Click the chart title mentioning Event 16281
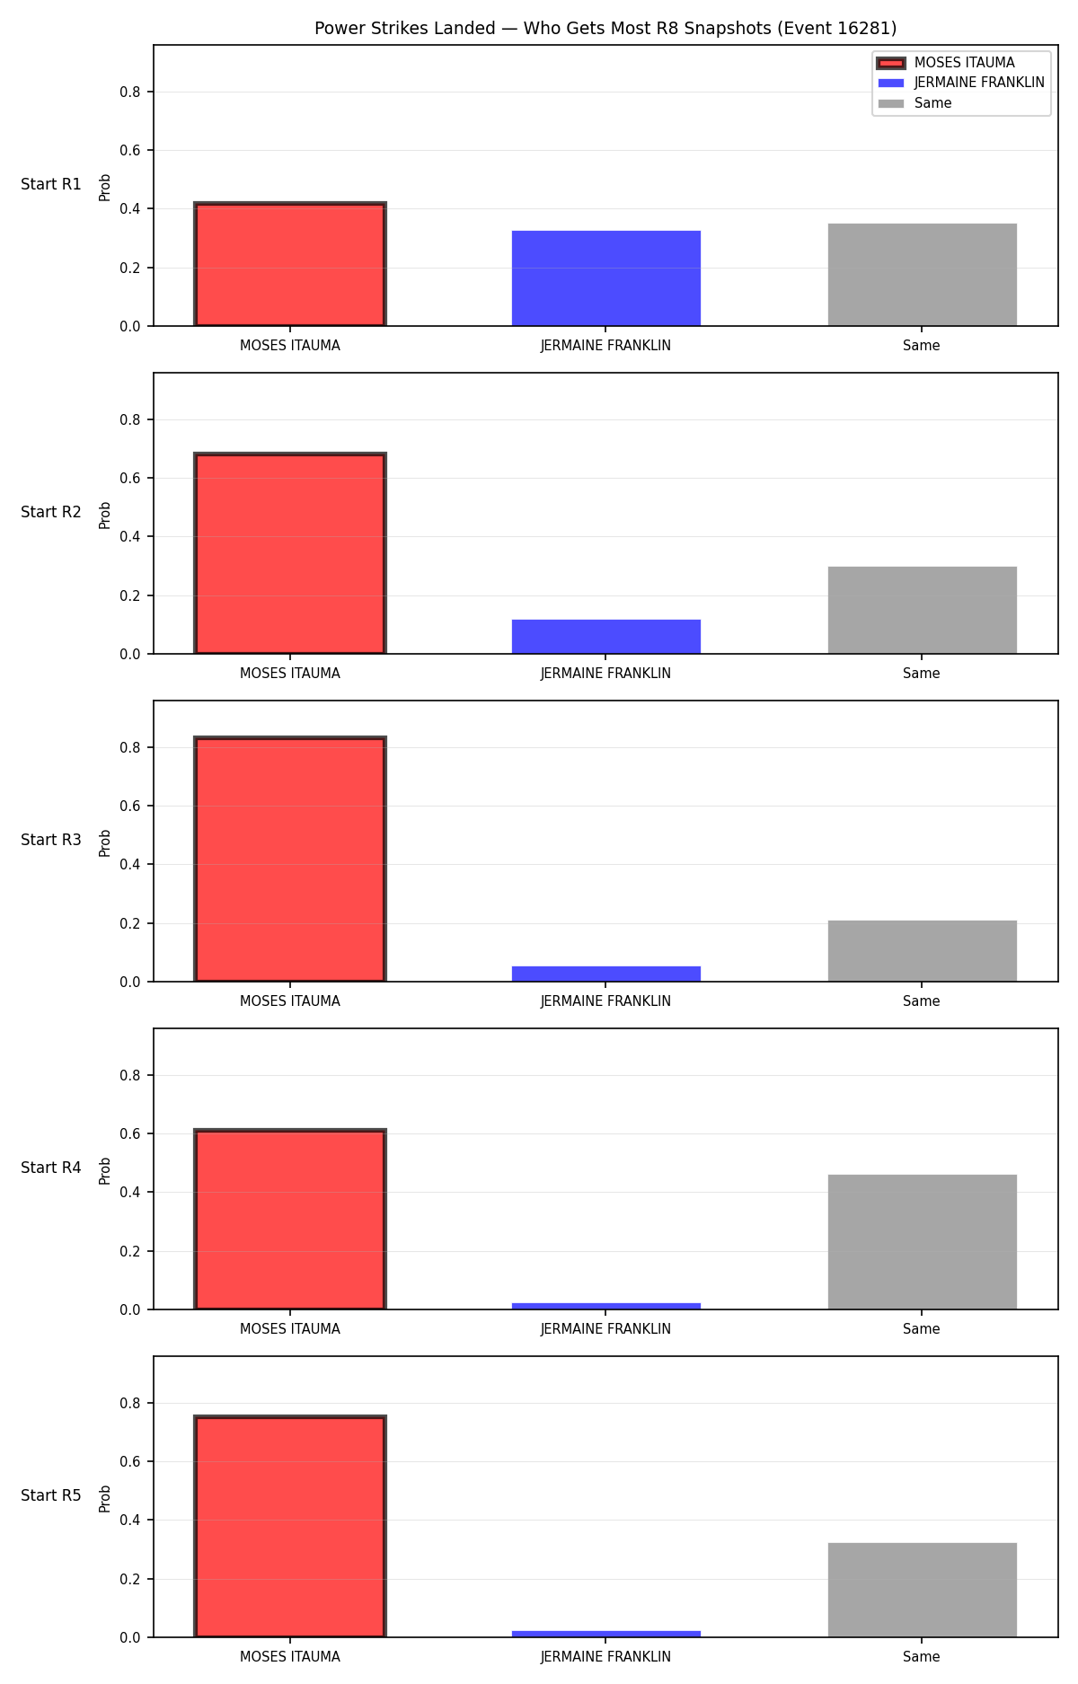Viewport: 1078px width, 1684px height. (605, 28)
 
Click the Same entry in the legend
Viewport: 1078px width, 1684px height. (915, 103)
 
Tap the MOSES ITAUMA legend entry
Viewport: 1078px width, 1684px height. (946, 63)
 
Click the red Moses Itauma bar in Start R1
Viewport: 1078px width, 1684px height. (290, 264)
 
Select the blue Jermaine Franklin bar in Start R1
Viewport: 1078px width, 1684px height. (606, 278)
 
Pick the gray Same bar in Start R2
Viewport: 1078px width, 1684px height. (923, 610)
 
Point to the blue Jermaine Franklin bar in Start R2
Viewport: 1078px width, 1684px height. (606, 637)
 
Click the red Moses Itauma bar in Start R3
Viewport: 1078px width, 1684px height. (290, 860)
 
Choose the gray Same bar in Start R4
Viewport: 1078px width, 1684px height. (923, 1242)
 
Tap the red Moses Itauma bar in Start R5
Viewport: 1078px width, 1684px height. (290, 1527)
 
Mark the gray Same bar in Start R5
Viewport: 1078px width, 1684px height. (923, 1590)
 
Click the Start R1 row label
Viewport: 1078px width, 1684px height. (51, 184)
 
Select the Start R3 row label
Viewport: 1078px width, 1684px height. (51, 840)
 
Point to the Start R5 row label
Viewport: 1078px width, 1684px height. (51, 1495)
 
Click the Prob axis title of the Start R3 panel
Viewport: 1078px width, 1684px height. (105, 842)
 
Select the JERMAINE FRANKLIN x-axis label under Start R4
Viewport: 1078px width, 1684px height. (605, 1329)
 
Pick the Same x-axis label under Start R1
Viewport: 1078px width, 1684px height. (922, 346)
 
